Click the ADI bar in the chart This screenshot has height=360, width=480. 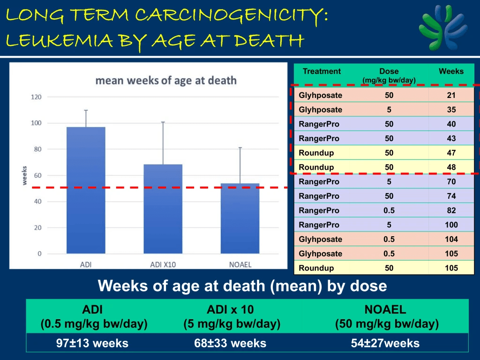click(x=86, y=190)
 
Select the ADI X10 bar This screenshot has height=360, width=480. click(x=163, y=209)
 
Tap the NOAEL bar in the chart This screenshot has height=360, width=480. click(x=240, y=218)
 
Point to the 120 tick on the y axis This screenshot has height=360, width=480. click(x=37, y=97)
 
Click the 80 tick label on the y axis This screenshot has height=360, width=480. click(x=37, y=150)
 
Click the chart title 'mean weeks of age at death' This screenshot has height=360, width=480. click(x=166, y=80)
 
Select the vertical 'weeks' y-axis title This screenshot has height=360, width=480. click(x=24, y=175)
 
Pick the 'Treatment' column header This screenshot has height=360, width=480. click(x=322, y=72)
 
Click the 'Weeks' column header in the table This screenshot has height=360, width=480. click(x=451, y=72)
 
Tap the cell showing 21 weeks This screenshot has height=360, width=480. click(x=451, y=96)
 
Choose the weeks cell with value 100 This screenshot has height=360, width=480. click(x=451, y=225)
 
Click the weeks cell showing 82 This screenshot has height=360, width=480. click(x=451, y=210)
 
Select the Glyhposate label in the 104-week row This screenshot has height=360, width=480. click(x=321, y=240)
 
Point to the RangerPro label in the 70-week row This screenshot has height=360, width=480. click(x=319, y=182)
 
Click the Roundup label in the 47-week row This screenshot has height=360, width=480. click(x=316, y=153)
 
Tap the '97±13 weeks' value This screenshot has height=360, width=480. click(x=92, y=343)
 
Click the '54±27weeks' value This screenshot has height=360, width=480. click(x=385, y=343)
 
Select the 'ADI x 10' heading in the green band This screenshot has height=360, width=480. click(x=231, y=309)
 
